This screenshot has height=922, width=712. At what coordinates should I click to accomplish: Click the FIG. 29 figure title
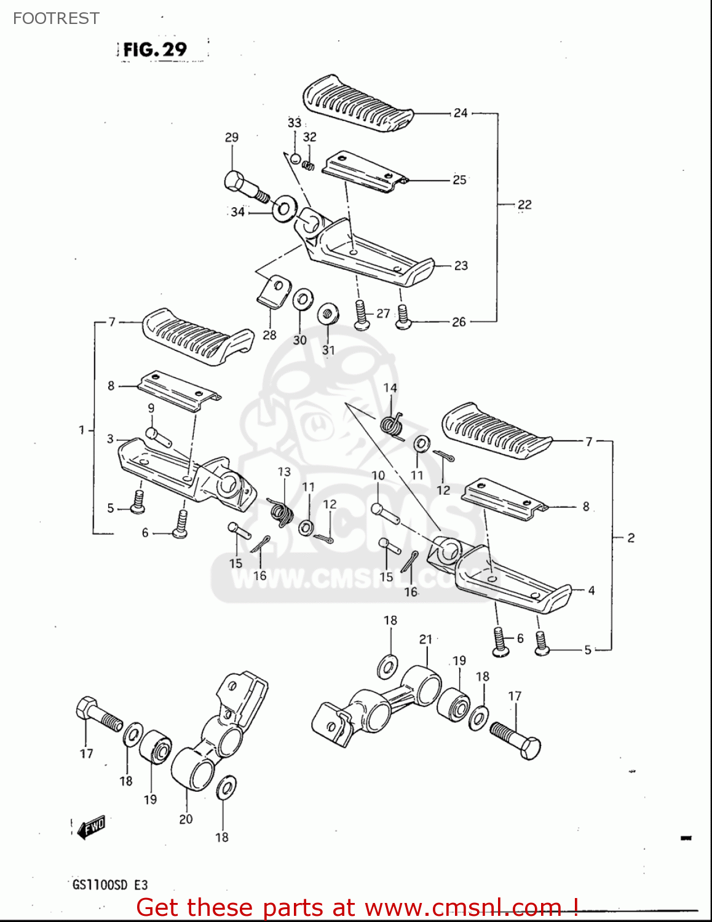155,50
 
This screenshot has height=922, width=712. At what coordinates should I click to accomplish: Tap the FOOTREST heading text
56,18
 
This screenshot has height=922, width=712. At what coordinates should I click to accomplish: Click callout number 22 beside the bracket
524,205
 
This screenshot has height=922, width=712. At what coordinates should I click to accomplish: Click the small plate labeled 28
273,291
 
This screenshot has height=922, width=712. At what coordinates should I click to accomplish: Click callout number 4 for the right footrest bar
591,591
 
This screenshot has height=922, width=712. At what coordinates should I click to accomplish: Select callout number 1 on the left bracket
82,430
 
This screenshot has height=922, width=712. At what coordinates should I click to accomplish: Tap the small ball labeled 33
295,159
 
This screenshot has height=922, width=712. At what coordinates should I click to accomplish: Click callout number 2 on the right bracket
631,538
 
